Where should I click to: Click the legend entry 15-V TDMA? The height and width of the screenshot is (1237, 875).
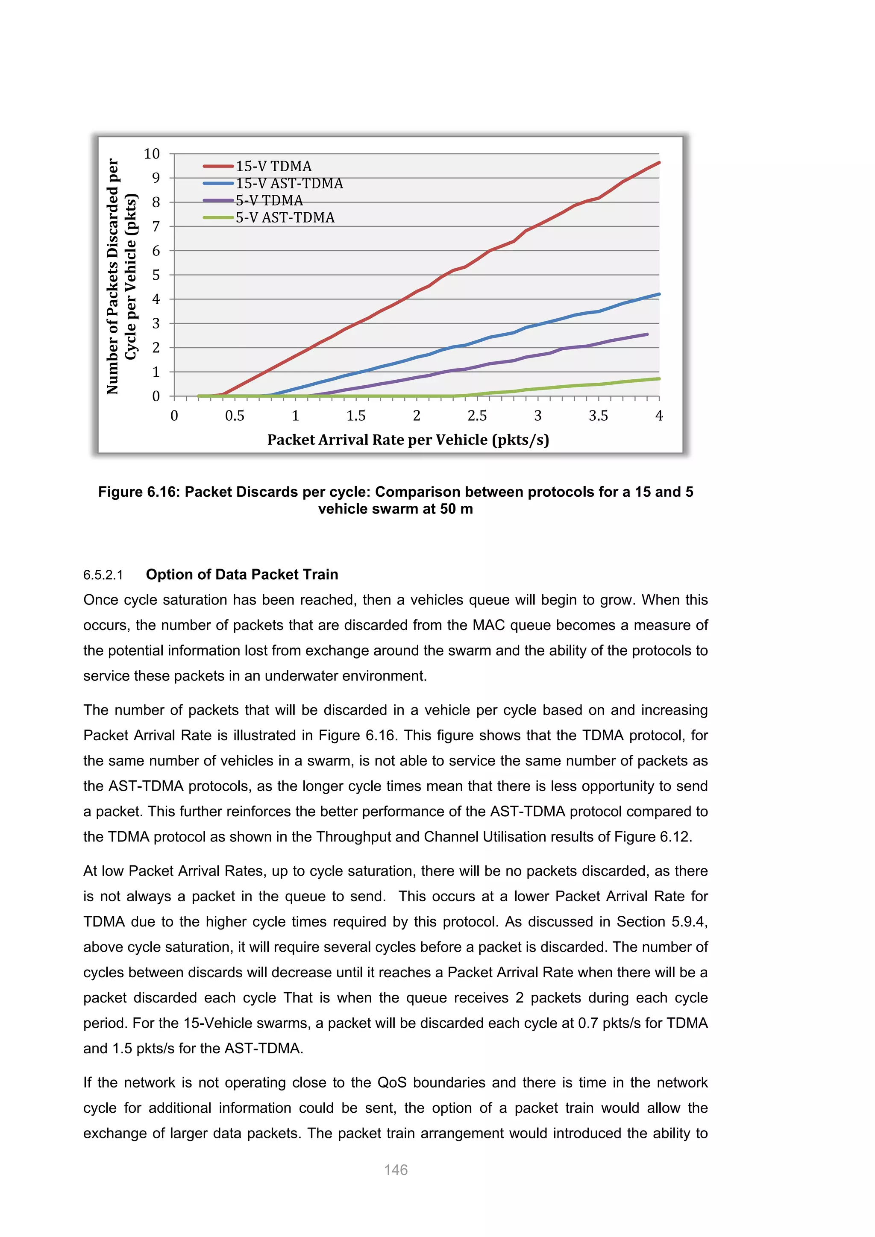273,166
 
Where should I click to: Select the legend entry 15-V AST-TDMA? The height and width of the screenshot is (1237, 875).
289,183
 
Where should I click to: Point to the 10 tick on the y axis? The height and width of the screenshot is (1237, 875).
152,154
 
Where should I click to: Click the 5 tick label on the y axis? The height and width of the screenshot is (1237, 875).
156,276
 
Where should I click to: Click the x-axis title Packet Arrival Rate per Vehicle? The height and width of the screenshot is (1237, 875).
408,440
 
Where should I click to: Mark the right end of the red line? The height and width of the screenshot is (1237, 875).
659,162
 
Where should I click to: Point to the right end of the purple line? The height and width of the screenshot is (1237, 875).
646,334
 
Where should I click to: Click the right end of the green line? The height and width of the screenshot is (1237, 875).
659,379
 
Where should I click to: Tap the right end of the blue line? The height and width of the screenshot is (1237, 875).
659,294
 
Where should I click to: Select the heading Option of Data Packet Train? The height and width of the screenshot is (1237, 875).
242,575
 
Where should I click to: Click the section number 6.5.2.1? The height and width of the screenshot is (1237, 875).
103,575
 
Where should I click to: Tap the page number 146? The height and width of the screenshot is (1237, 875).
396,1170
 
